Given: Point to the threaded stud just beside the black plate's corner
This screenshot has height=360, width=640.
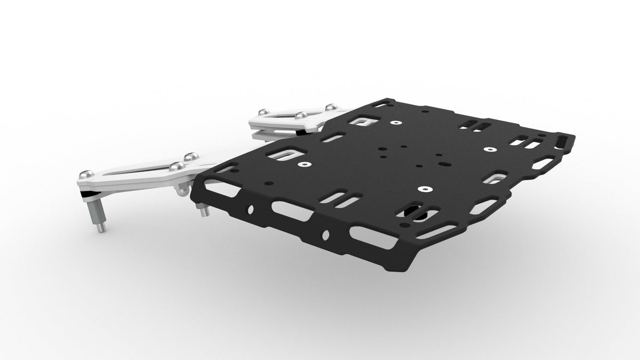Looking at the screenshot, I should pos(204,212).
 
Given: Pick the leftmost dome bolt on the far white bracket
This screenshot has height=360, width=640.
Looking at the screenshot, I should pos(262,111).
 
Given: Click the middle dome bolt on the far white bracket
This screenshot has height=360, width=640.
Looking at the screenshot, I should pos(301,115).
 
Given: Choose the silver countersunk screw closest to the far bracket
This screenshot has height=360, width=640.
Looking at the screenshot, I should pos(396,123).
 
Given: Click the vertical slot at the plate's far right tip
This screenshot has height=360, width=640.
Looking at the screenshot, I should pos(564,141).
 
